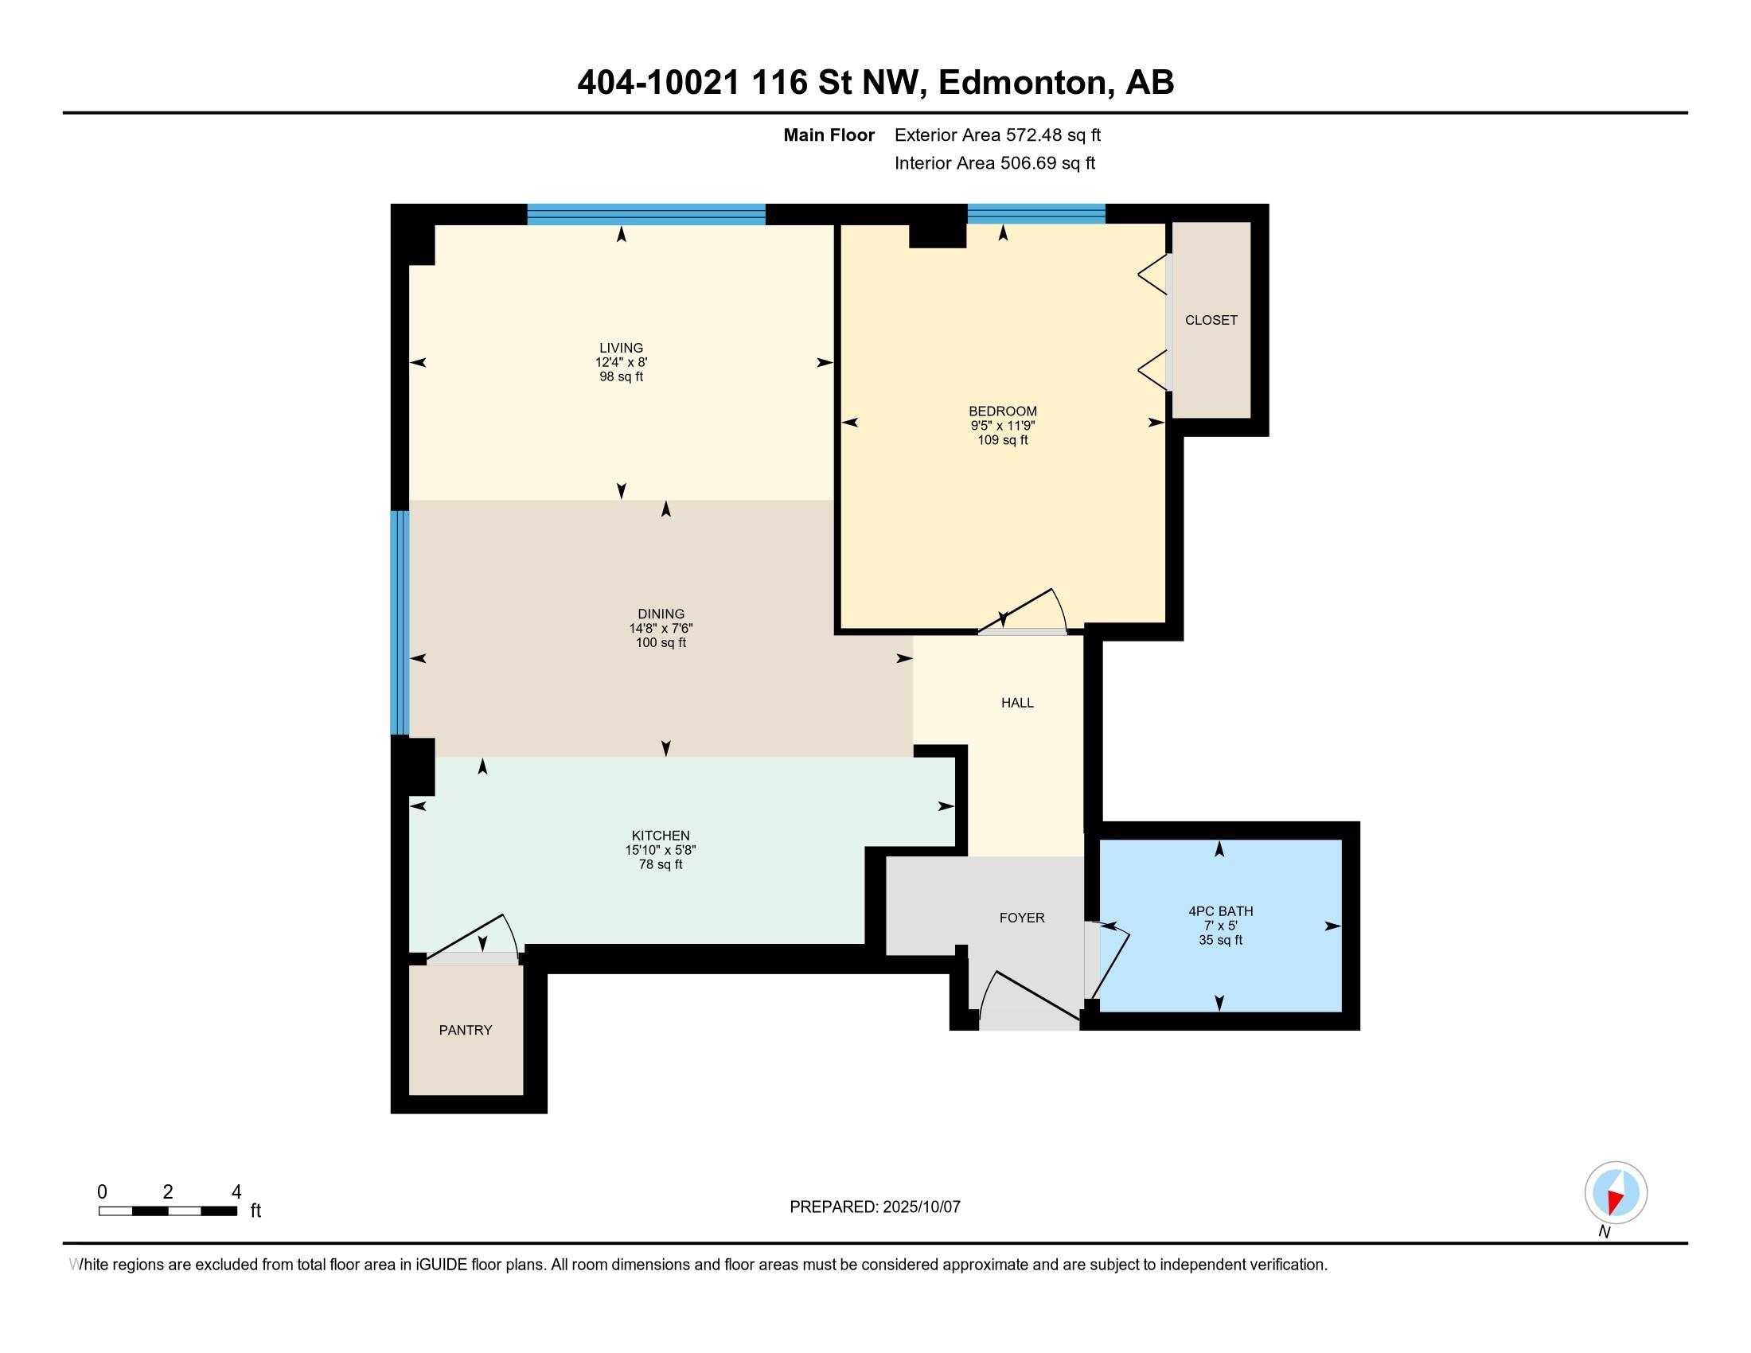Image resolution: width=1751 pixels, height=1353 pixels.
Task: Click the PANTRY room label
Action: [x=465, y=1030]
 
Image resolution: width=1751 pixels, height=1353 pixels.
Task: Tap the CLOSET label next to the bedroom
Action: [x=1211, y=320]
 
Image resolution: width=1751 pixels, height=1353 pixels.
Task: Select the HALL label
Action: [x=1017, y=703]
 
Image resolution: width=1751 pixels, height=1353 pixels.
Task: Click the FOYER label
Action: [x=1021, y=918]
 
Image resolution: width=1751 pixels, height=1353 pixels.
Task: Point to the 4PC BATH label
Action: [x=1220, y=911]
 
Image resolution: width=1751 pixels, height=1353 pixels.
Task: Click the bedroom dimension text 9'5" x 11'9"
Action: [x=1002, y=426]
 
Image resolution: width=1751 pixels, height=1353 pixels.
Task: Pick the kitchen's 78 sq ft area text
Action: [x=661, y=865]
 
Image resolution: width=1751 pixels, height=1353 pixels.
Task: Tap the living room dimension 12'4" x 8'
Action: [x=622, y=362]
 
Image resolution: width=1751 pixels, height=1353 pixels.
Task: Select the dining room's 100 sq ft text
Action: [x=661, y=643]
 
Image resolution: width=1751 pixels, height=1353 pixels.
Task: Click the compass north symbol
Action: [x=1616, y=1193]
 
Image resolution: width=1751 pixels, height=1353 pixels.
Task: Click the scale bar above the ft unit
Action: [x=168, y=1211]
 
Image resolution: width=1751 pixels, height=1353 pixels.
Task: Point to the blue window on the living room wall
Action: [x=646, y=214]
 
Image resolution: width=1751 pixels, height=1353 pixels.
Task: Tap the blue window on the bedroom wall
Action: [x=1035, y=213]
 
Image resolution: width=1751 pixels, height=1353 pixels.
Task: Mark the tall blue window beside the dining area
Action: [x=400, y=623]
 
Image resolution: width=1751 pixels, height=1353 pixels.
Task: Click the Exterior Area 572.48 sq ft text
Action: [x=997, y=135]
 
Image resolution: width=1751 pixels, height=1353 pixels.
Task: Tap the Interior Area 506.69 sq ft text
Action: [x=994, y=163]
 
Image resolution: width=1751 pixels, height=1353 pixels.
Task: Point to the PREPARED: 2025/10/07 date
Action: [x=875, y=1207]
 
